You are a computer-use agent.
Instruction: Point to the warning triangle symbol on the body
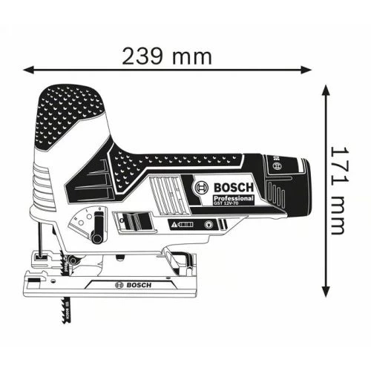coord(175,223)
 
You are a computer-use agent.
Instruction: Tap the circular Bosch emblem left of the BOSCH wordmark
coord(199,188)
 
